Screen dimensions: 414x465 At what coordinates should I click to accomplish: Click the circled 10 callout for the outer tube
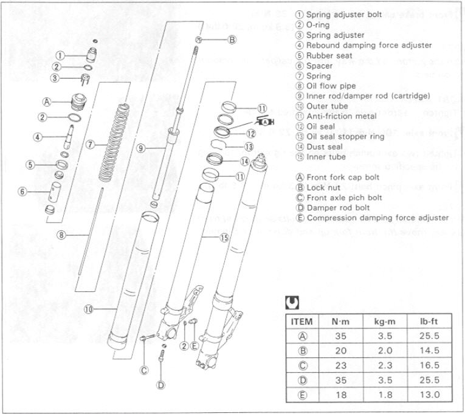click(x=89, y=309)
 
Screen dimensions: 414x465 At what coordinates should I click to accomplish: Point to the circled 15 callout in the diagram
click(x=224, y=238)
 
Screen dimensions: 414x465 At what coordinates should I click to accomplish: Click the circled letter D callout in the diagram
click(x=160, y=384)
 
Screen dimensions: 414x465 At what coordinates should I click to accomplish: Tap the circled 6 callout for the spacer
click(x=22, y=191)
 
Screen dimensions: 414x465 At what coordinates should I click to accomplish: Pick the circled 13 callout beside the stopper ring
click(x=248, y=147)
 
